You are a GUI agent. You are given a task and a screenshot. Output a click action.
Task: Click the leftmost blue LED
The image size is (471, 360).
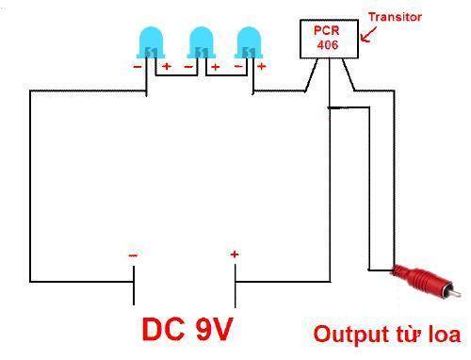click(151, 42)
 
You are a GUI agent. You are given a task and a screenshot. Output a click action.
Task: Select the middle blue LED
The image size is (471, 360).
click(202, 42)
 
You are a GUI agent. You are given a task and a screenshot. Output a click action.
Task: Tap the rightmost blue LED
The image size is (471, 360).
click(249, 42)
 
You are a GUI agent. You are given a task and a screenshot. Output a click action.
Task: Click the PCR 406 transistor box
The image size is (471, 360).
click(329, 39)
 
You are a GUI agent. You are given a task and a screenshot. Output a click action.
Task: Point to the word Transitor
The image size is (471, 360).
click(395, 17)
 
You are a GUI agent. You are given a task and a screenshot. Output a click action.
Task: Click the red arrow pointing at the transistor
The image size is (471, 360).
click(368, 34)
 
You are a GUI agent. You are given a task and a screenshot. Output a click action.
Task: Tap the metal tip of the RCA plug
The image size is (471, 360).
click(456, 294)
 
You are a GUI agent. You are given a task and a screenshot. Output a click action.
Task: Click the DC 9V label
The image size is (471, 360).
click(187, 329)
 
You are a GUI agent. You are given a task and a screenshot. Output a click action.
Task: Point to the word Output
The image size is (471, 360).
click(350, 335)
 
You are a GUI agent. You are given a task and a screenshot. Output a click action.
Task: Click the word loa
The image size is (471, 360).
click(445, 335)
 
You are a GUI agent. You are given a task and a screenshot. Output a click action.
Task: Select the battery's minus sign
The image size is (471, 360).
click(133, 255)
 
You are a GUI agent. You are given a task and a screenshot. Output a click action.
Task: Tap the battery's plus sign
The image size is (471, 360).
click(235, 254)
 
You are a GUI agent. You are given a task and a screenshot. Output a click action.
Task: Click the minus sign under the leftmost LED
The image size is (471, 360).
click(138, 67)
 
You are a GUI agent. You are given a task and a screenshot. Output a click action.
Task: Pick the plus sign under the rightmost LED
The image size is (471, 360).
click(261, 66)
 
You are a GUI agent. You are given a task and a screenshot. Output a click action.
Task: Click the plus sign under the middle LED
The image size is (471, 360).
click(215, 67)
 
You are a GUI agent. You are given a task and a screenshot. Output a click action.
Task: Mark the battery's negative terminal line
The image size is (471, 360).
click(134, 286)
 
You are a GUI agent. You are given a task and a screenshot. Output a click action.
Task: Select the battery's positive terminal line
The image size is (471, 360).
click(235, 286)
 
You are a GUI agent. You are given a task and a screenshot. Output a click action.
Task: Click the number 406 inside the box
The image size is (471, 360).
click(328, 45)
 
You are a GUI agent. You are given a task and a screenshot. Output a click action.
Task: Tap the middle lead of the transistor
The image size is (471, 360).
click(330, 83)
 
